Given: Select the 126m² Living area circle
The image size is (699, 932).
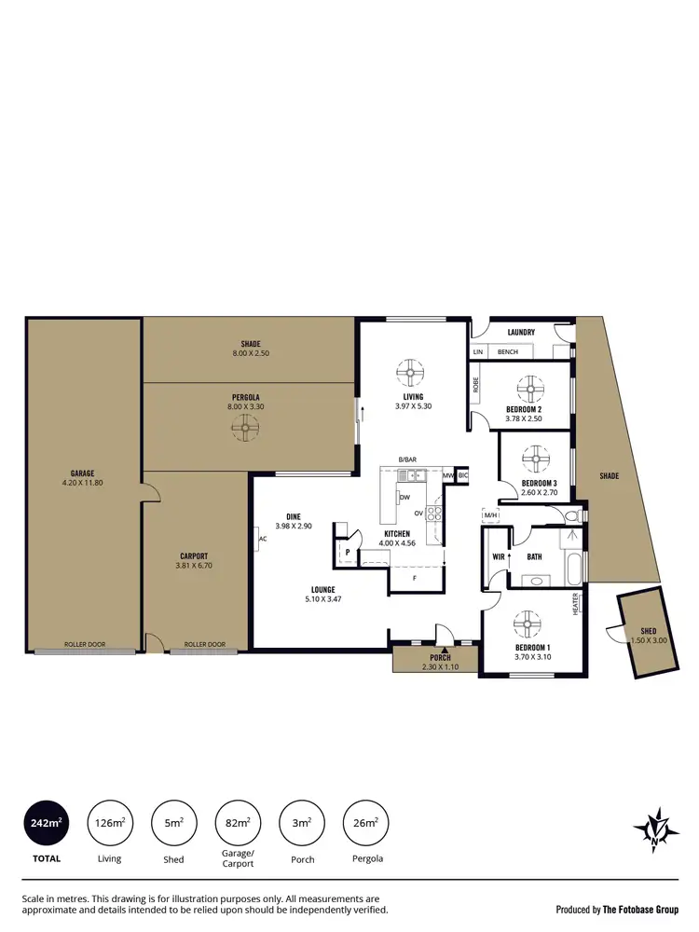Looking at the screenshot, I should (x=109, y=823).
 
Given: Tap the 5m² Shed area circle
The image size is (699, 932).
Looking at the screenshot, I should (x=173, y=823).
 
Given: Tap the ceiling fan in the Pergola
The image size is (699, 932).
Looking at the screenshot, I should (x=244, y=427).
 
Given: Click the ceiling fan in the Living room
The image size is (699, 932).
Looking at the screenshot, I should (x=410, y=373).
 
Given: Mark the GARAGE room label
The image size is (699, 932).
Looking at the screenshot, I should (x=82, y=473).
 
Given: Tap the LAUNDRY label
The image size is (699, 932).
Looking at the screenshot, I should (x=520, y=332).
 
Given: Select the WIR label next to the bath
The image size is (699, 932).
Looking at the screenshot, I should (x=499, y=557).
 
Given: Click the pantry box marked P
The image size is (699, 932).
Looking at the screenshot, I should (x=347, y=552).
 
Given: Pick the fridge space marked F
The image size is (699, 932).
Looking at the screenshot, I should (x=414, y=579).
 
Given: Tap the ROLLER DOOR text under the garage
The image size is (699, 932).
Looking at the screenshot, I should (x=81, y=644).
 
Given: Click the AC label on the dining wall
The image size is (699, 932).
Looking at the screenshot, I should (x=263, y=539).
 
